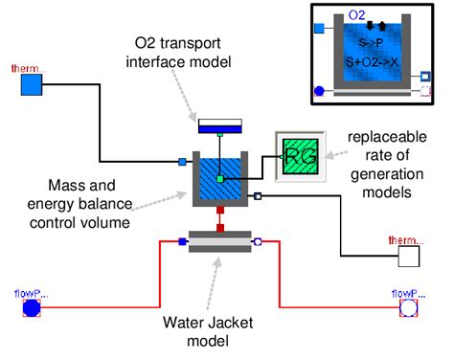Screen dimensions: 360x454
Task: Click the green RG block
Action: (x=297, y=153)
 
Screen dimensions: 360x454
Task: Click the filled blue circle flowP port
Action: (x=33, y=307)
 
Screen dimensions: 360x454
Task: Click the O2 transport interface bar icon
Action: (x=219, y=125)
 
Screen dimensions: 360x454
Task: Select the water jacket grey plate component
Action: (x=219, y=242)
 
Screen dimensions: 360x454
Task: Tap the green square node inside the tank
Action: (x=219, y=179)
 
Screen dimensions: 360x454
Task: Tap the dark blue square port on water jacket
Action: (x=183, y=242)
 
